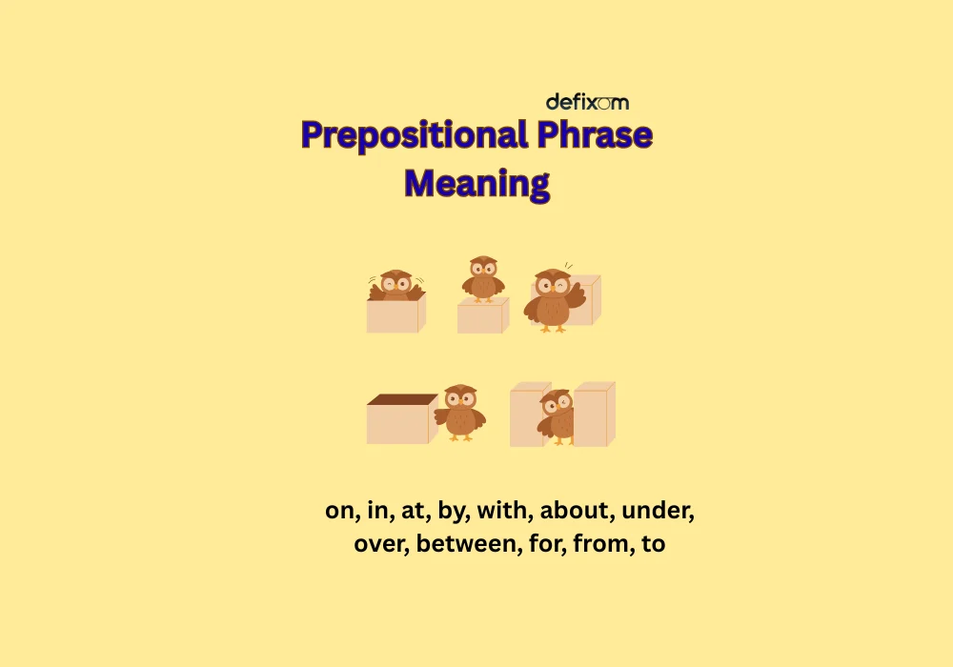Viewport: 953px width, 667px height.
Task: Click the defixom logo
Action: click(587, 102)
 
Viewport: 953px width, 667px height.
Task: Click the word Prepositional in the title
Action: click(415, 135)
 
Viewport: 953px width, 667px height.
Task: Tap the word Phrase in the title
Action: click(594, 135)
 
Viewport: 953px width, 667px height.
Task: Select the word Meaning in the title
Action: click(476, 182)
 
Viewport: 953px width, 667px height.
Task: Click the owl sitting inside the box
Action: click(395, 285)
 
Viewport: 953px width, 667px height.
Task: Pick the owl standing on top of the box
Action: click(483, 277)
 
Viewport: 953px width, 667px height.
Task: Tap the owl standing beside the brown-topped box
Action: click(460, 412)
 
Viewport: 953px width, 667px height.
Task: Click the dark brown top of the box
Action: click(401, 399)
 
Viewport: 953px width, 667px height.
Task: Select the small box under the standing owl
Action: click(480, 318)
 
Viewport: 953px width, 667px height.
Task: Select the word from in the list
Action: click(598, 546)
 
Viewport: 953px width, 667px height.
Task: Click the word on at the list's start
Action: click(339, 511)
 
